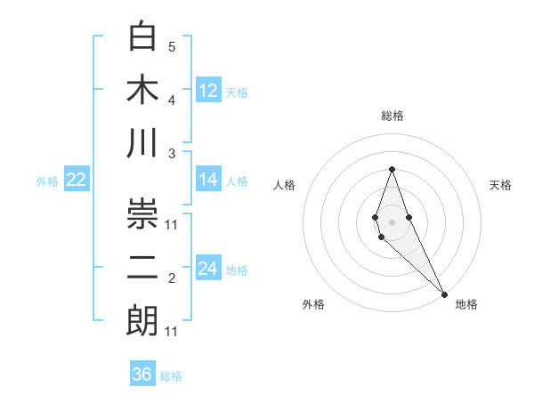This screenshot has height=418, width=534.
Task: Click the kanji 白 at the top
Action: point(143,37)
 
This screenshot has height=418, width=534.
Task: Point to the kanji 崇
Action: point(143,214)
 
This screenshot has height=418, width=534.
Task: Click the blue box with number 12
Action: point(208,90)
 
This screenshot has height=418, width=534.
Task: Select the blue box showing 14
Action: point(208,180)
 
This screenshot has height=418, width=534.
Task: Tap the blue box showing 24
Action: point(208,269)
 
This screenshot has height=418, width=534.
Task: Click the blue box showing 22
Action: point(77,180)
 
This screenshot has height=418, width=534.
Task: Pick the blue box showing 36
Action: point(142,374)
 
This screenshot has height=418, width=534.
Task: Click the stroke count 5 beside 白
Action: point(172,46)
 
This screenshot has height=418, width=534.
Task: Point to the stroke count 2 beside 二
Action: point(172,279)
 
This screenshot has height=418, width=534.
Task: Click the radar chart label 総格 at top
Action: point(392,116)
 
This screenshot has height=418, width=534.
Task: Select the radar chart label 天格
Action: point(501,185)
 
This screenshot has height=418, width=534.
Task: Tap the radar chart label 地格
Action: point(466,304)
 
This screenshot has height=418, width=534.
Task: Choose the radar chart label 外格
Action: point(313,304)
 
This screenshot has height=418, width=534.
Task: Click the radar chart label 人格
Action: point(285,185)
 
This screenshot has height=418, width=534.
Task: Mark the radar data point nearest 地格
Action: point(444,293)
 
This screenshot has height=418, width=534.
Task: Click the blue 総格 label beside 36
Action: point(171,376)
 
